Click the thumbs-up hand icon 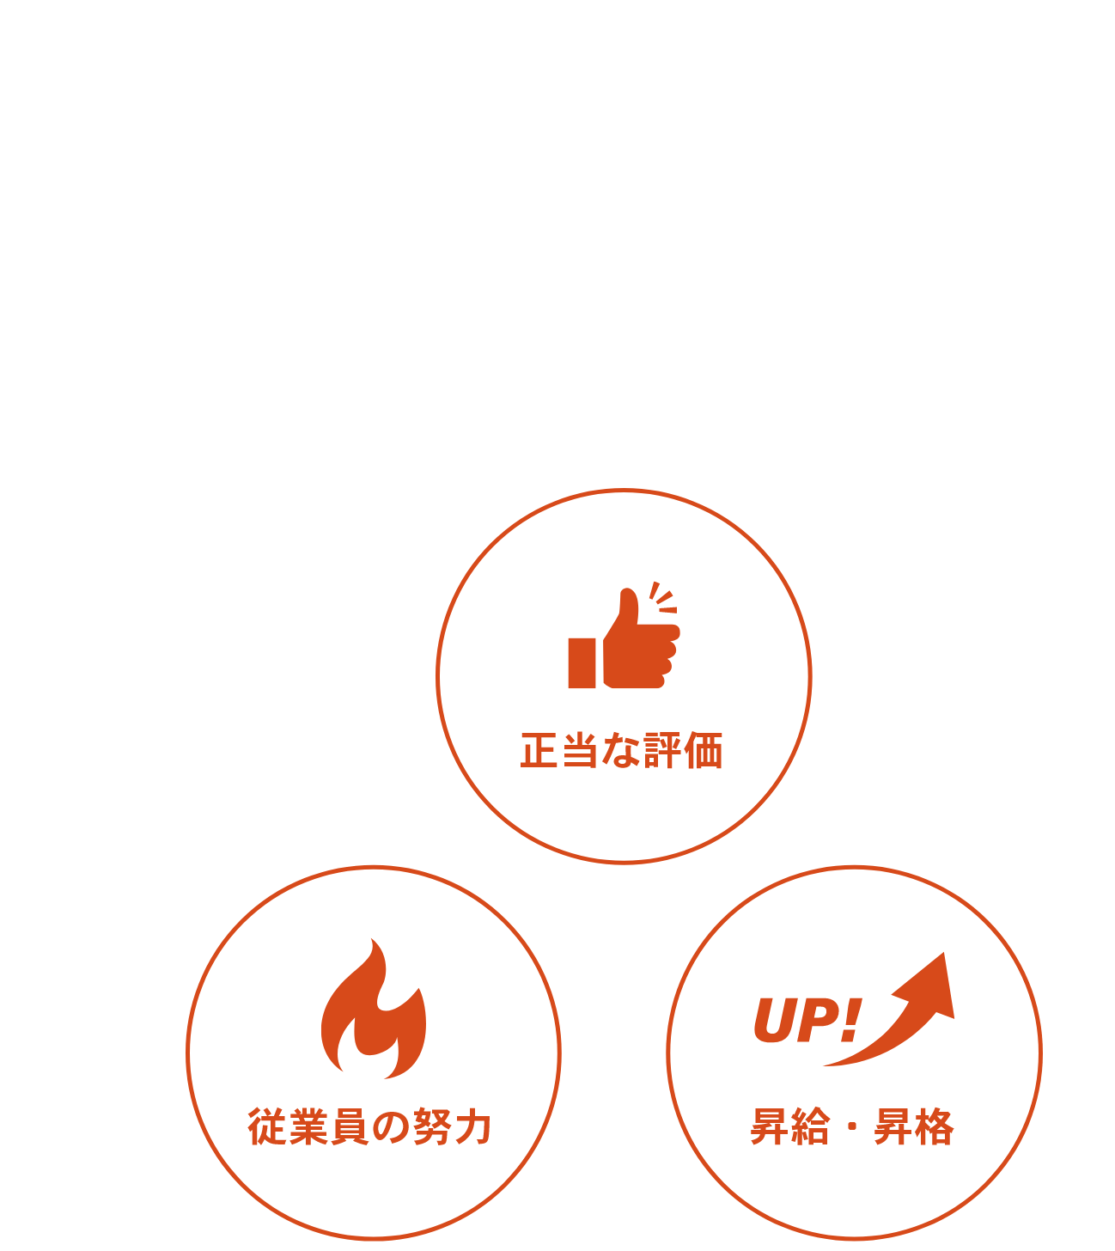[x=642, y=638]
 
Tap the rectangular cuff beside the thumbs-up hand [x=582, y=662]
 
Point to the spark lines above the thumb [x=663, y=597]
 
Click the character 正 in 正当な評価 [x=539, y=750]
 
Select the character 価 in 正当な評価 [x=704, y=750]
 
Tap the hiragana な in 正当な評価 [x=620, y=750]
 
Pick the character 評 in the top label [x=661, y=750]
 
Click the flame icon [x=374, y=1009]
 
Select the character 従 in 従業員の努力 [x=266, y=1127]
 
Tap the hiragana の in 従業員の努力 [x=391, y=1127]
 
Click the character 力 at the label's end [x=473, y=1127]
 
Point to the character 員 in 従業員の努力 [x=350, y=1127]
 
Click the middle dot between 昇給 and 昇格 [x=852, y=1127]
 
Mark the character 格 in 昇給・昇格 [x=935, y=1127]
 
